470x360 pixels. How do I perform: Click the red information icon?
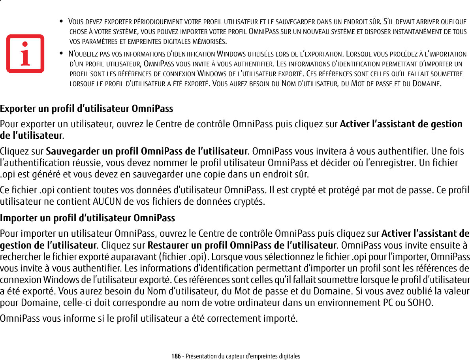(x=25, y=53)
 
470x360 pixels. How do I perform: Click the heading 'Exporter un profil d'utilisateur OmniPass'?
(x=86, y=108)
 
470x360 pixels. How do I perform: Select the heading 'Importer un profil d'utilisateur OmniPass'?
(x=87, y=218)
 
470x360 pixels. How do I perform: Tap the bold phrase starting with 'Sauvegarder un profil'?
(x=147, y=151)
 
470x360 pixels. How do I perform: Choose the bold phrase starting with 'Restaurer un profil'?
(x=241, y=245)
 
